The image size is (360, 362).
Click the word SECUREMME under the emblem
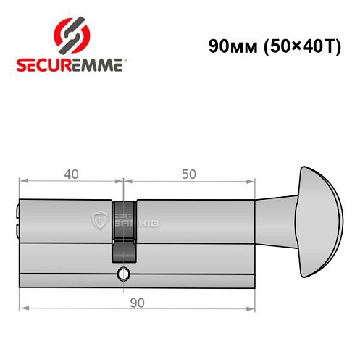pyautogui.click(x=72, y=64)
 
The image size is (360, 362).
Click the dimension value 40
pyautogui.click(x=71, y=174)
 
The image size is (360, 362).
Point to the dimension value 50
pyautogui.click(x=189, y=174)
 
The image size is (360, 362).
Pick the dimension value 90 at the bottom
pyautogui.click(x=137, y=301)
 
